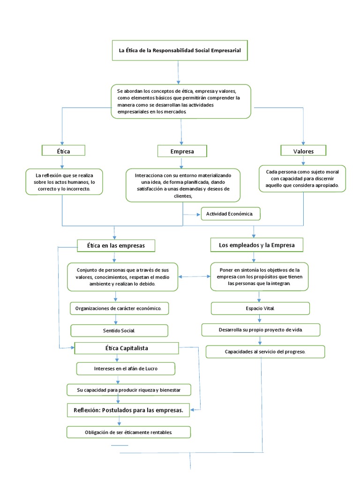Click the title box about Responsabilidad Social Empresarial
click(x=180, y=51)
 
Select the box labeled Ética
click(x=63, y=150)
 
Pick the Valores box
click(x=303, y=150)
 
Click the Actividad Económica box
click(x=230, y=214)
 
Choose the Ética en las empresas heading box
click(x=116, y=245)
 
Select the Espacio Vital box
click(x=260, y=308)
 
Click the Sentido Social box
click(x=119, y=330)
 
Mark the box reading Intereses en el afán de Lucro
click(x=126, y=368)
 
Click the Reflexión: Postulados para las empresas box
click(x=128, y=410)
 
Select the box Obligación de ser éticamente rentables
click(x=128, y=432)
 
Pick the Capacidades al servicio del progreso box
click(x=265, y=352)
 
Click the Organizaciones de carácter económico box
click(x=119, y=308)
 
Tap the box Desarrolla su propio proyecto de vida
click(x=261, y=330)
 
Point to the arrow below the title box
click(x=179, y=72)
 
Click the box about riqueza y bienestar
click(x=128, y=389)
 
